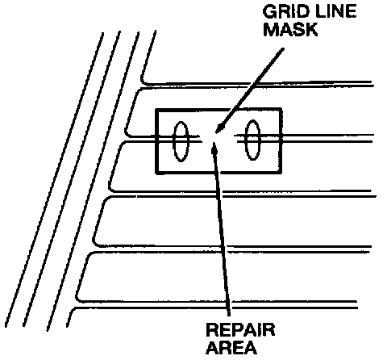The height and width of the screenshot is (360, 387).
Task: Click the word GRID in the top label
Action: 285,12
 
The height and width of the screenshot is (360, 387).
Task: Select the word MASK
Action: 290,29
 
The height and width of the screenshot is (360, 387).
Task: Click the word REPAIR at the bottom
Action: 240,329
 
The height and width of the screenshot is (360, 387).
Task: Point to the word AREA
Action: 232,347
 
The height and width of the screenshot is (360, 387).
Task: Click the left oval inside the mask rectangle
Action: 181,141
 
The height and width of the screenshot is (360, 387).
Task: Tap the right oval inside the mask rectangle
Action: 252,140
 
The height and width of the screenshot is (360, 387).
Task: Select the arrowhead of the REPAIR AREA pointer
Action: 214,148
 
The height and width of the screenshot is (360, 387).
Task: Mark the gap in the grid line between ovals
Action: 218,139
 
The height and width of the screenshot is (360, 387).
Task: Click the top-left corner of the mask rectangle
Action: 156,110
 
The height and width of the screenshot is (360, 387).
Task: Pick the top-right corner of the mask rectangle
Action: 281,110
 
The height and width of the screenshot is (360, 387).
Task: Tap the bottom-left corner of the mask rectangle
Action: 156,173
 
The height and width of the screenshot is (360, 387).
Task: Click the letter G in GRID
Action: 268,12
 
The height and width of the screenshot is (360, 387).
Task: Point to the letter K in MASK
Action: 312,29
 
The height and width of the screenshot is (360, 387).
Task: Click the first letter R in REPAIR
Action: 212,329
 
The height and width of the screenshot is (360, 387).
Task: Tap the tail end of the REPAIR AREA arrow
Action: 229,316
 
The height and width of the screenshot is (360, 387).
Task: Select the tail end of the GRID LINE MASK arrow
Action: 283,48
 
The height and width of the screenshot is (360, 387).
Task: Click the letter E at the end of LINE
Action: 352,12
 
